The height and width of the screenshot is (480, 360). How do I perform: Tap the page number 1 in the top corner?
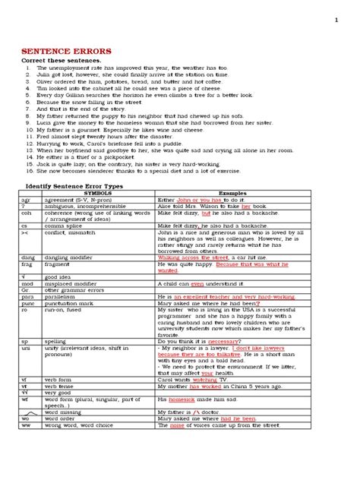(x=336, y=20)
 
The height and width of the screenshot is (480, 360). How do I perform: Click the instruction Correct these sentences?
(x=58, y=60)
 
